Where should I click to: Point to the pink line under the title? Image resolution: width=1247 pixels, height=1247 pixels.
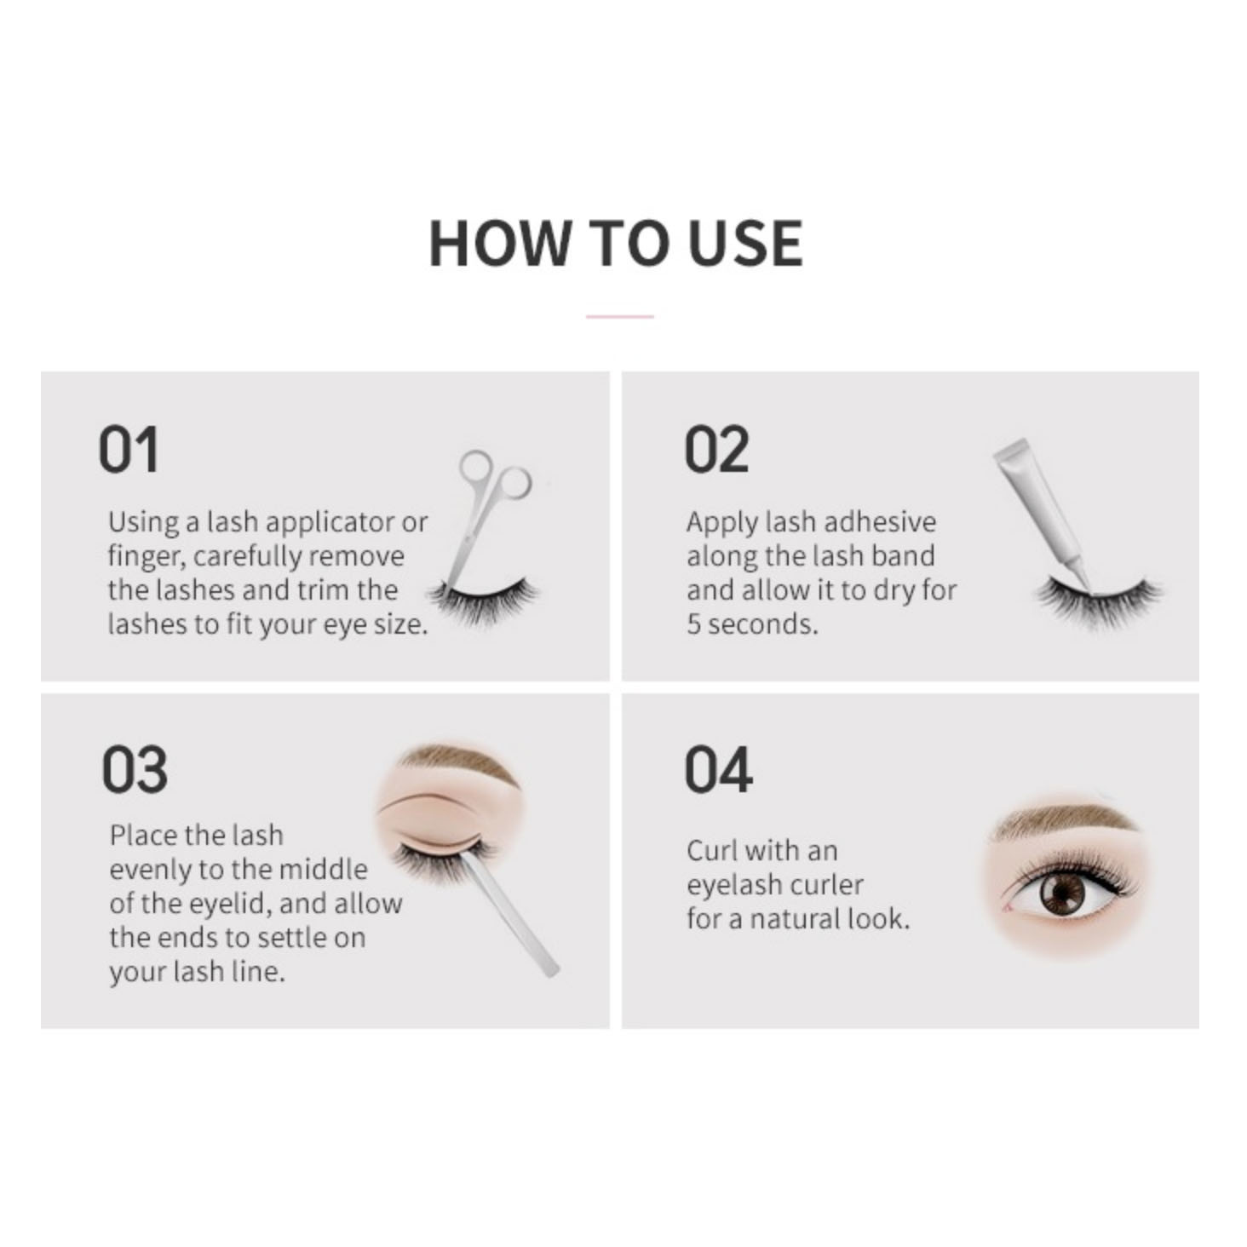pos(619,317)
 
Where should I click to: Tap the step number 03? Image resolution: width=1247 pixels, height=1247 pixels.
pos(135,769)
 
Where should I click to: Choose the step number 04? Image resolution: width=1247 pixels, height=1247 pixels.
pos(718,769)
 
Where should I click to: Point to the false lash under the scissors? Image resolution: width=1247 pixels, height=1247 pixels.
pos(484,602)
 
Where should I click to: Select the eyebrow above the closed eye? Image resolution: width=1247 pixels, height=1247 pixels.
pos(458,762)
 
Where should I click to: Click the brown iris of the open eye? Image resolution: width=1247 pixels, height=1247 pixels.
pos(1061,894)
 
